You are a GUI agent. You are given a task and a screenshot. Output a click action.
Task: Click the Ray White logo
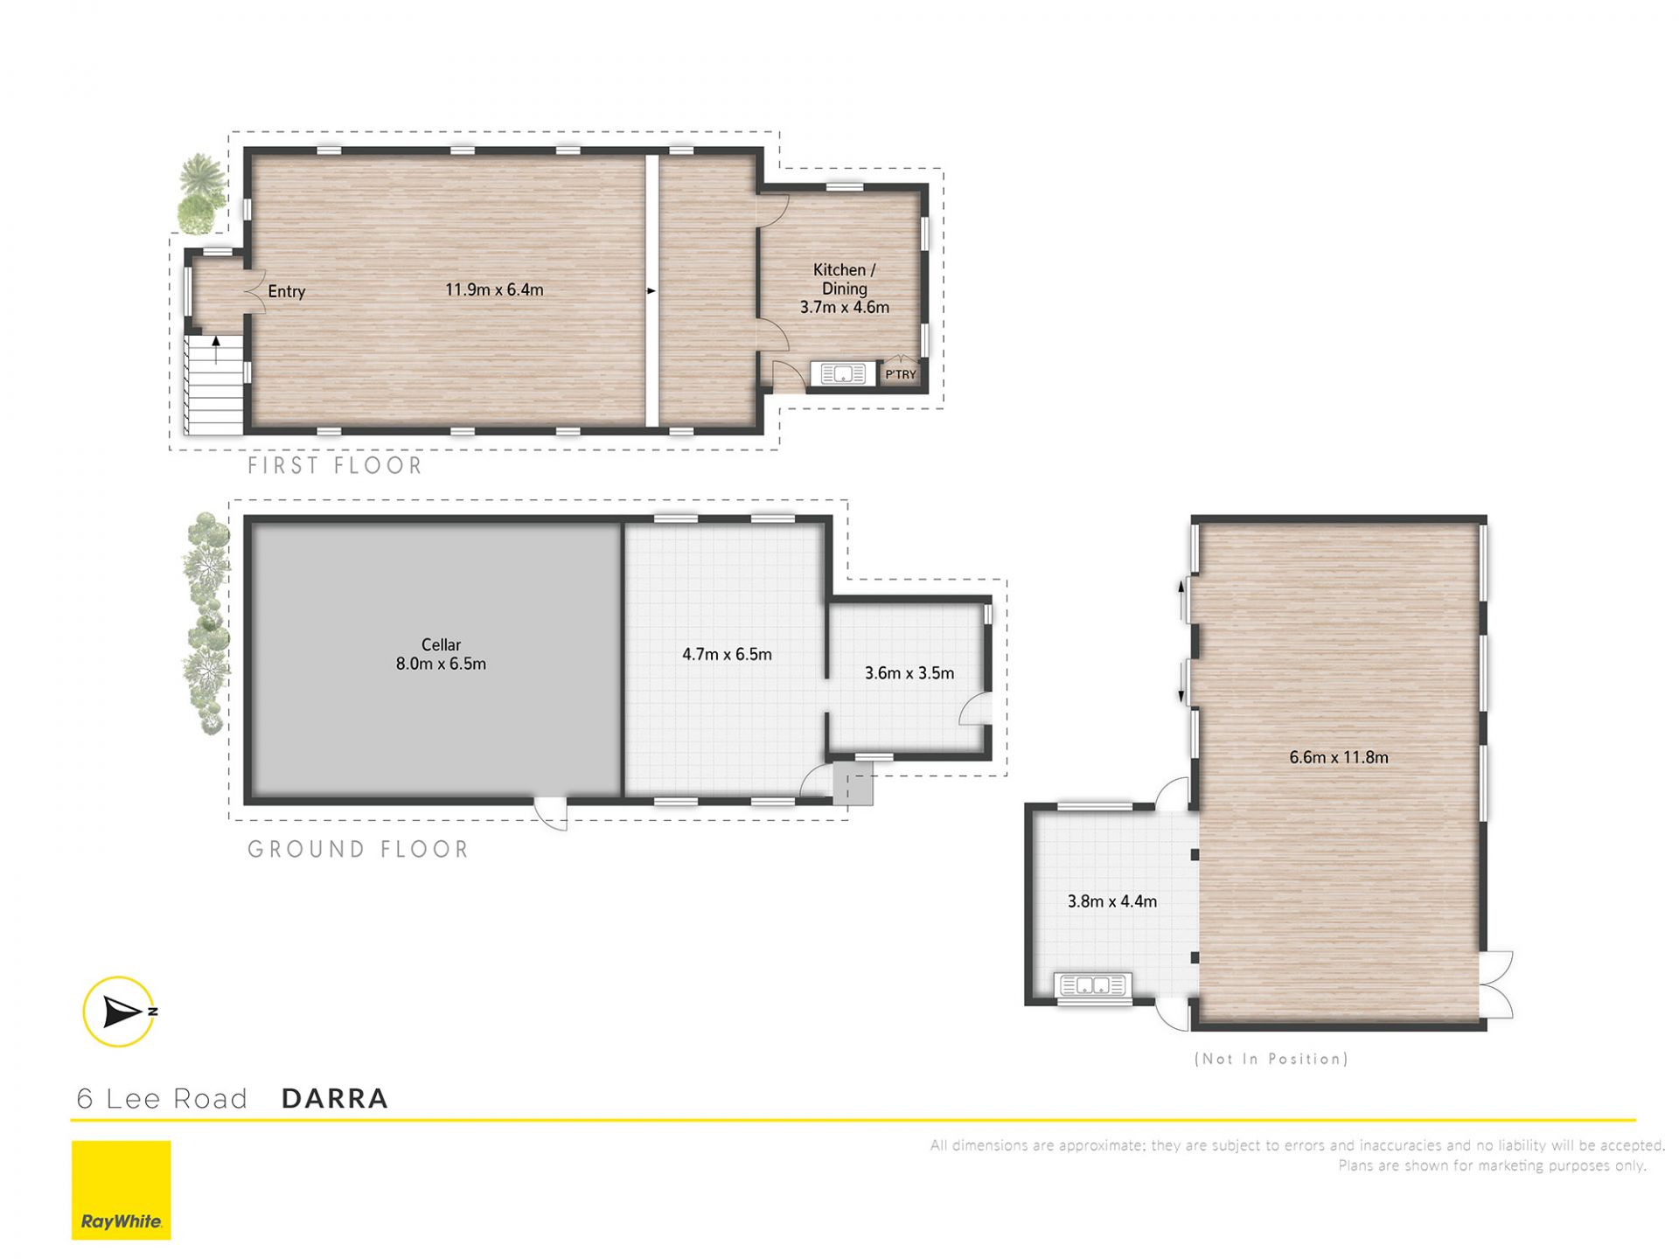121,1190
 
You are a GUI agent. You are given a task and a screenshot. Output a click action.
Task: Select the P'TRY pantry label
901,374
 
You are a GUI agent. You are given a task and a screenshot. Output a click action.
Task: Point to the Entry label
287,292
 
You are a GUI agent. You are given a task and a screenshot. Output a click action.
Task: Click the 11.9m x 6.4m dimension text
494,289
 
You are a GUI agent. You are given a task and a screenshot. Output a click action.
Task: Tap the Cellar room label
441,644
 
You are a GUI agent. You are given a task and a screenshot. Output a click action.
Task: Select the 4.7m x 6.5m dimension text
727,654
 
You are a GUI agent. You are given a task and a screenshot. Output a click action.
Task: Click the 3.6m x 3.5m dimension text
909,673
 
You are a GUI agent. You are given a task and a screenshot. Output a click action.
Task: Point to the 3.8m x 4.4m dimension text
1112,901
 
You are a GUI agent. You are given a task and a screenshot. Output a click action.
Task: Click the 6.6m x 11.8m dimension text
1339,757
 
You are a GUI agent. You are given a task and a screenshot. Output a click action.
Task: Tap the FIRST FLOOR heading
335,466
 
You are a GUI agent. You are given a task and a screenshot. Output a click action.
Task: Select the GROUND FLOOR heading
359,849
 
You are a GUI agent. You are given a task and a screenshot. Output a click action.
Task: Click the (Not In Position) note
1271,1059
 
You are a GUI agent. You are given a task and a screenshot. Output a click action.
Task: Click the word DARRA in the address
335,1098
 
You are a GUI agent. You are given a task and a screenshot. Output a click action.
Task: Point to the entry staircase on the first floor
213,385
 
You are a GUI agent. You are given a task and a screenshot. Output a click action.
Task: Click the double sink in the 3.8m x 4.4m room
1093,986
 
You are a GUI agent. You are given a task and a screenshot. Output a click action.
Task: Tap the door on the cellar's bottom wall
551,812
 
